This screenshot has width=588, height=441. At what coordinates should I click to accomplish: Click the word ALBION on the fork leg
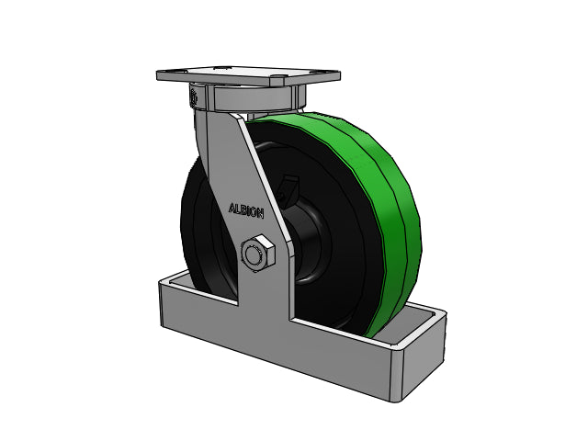click(x=246, y=210)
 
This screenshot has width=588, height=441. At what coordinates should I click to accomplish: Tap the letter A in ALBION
click(x=232, y=208)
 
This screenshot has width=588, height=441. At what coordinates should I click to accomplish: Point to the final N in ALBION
click(x=260, y=214)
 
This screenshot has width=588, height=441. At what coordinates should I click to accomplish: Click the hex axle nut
click(x=257, y=254)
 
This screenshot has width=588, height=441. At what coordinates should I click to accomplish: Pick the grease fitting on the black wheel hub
click(x=288, y=187)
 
